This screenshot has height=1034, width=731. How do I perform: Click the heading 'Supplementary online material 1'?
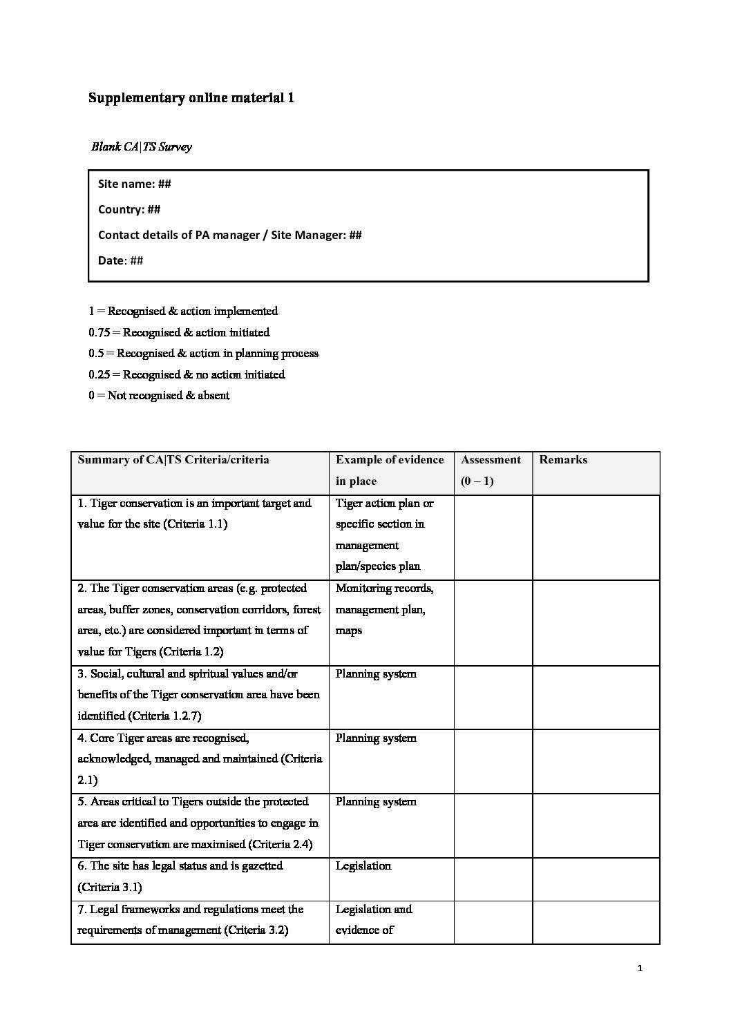point(191,98)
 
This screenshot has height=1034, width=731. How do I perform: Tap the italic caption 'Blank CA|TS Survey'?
point(142,146)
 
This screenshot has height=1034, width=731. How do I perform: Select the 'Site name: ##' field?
point(135,184)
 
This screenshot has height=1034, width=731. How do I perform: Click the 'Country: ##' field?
point(129,209)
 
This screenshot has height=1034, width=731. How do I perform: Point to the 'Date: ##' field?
point(121,260)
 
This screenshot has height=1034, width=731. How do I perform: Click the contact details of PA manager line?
point(229,235)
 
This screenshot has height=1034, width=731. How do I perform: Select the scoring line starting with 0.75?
point(179,332)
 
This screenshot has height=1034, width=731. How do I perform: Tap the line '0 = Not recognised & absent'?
point(159,395)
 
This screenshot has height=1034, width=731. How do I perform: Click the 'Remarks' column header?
point(563,460)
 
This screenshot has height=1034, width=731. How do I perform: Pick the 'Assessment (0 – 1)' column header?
point(491,470)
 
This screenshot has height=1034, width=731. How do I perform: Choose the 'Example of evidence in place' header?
point(390,470)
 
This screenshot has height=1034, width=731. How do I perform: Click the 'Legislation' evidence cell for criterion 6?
point(363,866)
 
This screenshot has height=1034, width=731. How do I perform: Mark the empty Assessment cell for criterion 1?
point(493,537)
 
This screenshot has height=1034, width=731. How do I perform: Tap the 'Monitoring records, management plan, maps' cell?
point(384,609)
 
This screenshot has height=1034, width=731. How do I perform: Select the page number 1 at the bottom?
point(640,968)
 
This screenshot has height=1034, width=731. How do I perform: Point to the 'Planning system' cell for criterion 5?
point(376,802)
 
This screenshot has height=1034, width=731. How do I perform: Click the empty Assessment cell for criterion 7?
point(493,921)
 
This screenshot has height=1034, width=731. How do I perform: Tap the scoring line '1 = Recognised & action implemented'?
point(183,311)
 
